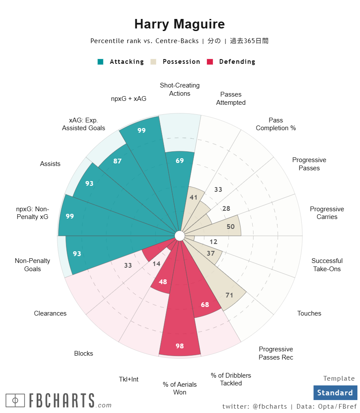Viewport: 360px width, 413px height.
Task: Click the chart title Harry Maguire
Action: pyautogui.click(x=179, y=24)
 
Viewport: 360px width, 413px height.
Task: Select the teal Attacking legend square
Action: pyautogui.click(x=100, y=62)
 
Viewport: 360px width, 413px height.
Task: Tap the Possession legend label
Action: pyautogui.click(x=181, y=62)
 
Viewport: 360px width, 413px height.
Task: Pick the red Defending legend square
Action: pyautogui.click(x=210, y=62)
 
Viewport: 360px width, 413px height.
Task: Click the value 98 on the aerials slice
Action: pyautogui.click(x=180, y=346)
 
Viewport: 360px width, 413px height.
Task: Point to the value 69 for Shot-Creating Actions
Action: pyautogui.click(x=180, y=161)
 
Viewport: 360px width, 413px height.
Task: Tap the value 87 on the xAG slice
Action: pyautogui.click(x=117, y=161)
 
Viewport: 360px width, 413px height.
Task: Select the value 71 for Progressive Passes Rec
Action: pyautogui.click(x=229, y=295)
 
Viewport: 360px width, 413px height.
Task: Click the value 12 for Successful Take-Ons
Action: pyautogui.click(x=213, y=242)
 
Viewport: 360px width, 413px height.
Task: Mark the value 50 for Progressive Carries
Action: pyautogui.click(x=231, y=227)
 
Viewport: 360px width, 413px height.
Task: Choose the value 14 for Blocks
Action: pyautogui.click(x=157, y=263)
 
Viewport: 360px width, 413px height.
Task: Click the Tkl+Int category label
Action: pyautogui.click(x=128, y=379)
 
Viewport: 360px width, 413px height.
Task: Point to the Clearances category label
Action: pyautogui.click(x=50, y=313)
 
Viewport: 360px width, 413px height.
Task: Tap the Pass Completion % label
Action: pyautogui.click(x=275, y=124)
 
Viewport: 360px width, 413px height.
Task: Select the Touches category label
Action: pyautogui.click(x=309, y=313)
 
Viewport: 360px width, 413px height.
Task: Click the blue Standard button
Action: pyautogui.click(x=335, y=393)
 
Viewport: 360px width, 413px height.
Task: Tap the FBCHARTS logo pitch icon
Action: pyautogui.click(x=15, y=400)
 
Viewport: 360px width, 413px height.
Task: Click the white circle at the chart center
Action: pyautogui.click(x=180, y=236)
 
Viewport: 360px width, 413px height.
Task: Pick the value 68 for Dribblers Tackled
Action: pyautogui.click(x=205, y=305)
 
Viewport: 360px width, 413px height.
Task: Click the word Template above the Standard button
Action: pyautogui.click(x=339, y=379)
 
